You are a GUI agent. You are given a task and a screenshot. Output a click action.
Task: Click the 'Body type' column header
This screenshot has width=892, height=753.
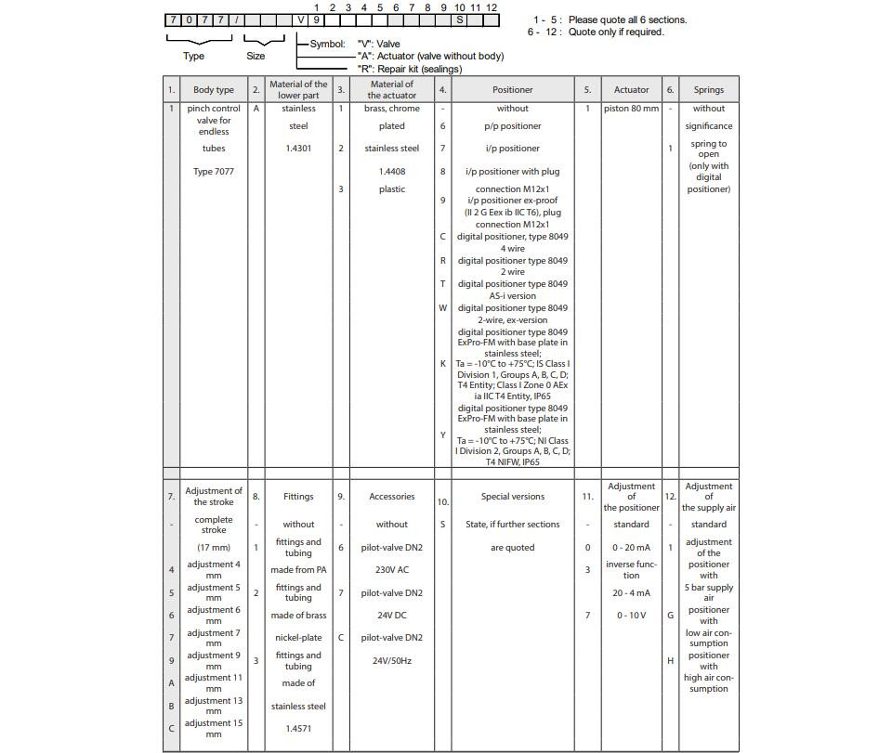(214, 90)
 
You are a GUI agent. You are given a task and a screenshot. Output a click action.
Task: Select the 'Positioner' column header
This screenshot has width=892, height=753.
(512, 90)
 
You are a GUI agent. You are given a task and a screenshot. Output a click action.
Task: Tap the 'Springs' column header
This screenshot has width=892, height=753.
(708, 90)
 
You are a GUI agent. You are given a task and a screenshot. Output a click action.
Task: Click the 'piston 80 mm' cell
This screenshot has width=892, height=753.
(631, 109)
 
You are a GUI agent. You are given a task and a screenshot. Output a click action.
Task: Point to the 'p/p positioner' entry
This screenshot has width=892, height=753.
(512, 126)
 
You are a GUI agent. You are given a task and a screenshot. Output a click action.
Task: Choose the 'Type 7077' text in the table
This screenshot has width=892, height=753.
(214, 171)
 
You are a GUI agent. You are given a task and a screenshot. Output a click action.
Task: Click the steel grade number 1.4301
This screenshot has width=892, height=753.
(298, 149)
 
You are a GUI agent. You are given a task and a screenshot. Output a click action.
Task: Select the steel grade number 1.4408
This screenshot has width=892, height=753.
(392, 172)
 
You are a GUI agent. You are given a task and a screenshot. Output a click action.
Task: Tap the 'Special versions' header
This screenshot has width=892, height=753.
(512, 497)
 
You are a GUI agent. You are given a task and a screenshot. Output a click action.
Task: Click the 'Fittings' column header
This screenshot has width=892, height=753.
(298, 497)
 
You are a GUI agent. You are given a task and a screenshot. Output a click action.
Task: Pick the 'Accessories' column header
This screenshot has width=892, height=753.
(392, 497)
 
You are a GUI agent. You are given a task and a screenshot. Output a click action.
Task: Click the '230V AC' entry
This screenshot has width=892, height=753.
(392, 570)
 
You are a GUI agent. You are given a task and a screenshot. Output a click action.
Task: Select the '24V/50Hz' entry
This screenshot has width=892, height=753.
(392, 661)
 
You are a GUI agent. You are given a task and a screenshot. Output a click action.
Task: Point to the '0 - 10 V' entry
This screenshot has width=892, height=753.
(631, 616)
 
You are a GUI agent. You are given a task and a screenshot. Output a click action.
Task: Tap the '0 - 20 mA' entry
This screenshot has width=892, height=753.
(631, 547)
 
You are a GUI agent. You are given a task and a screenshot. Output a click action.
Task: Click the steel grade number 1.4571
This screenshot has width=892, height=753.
(298, 729)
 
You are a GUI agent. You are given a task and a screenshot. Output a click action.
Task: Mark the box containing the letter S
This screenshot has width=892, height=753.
(460, 19)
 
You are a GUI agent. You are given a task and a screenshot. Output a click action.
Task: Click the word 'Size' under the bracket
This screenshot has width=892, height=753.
(256, 56)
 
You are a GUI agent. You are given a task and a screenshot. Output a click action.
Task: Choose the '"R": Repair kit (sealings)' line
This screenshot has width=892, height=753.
(410, 69)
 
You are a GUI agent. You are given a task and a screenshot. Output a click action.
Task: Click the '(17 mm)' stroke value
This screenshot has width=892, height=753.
(214, 547)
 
